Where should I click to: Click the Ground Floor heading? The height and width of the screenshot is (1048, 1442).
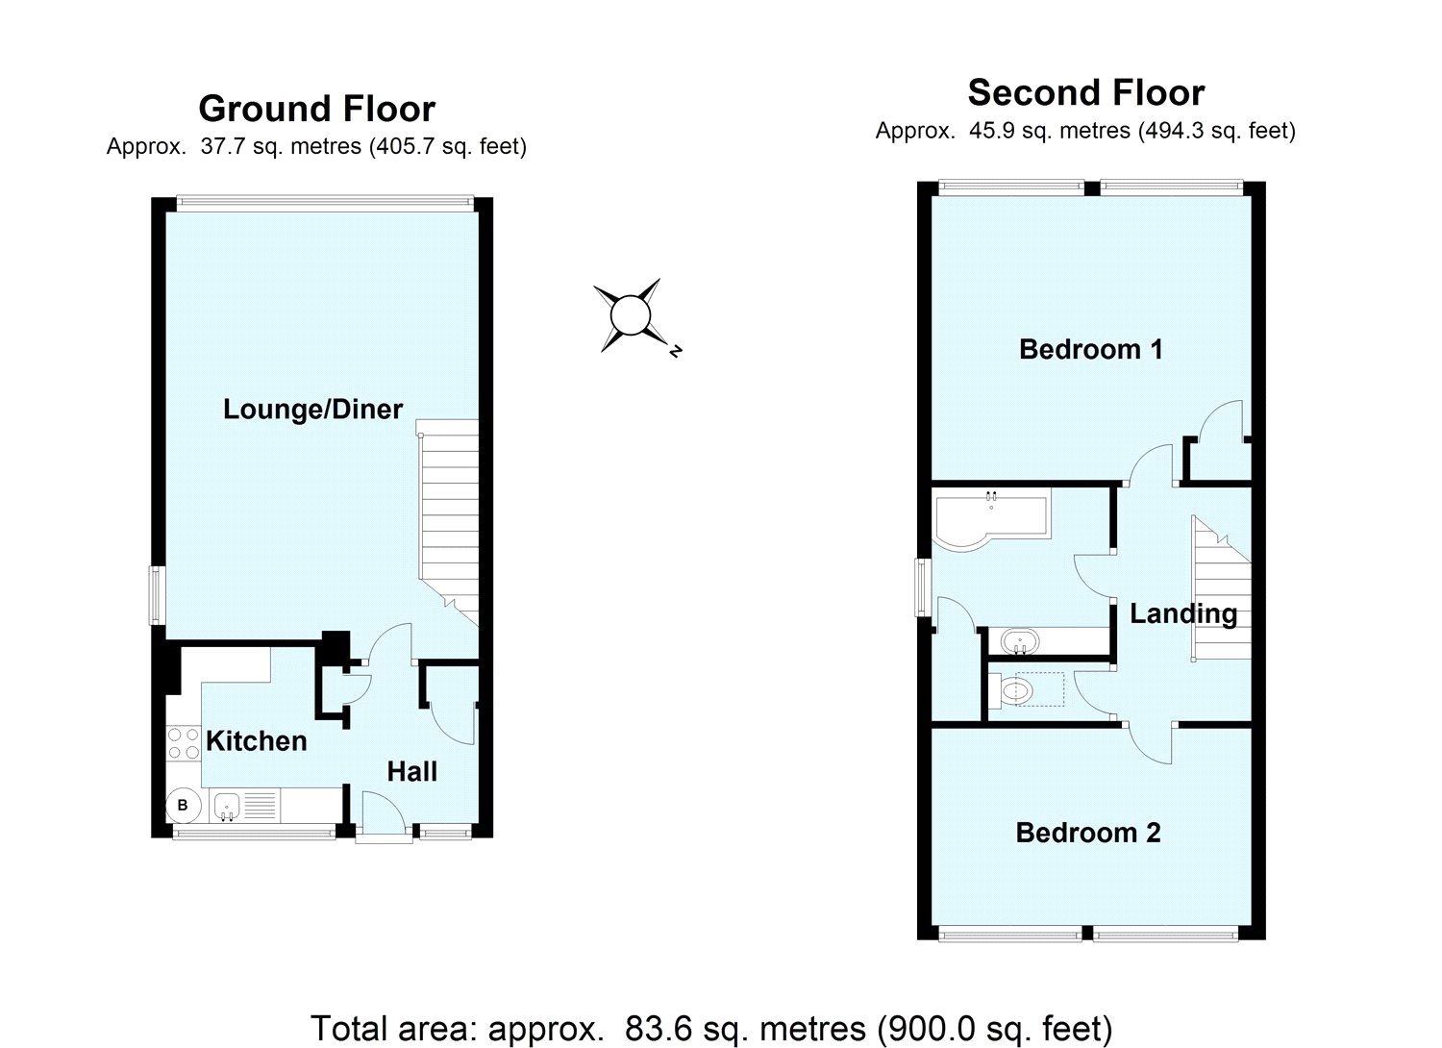(316, 109)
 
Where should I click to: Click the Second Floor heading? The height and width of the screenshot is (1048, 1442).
(1085, 92)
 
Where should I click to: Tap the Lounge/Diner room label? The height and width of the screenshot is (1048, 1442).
(312, 410)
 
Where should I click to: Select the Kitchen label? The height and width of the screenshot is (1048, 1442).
(257, 740)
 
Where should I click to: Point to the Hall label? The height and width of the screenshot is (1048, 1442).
(411, 771)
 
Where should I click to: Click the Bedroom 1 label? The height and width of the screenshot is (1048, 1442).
(1090, 349)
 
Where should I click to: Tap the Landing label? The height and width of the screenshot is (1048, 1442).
(1182, 613)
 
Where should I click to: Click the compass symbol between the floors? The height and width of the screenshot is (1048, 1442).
(630, 315)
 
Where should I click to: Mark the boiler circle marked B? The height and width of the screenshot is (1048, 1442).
(183, 806)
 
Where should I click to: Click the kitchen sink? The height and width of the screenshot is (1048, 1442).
(227, 806)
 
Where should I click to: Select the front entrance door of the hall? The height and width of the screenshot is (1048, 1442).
(385, 817)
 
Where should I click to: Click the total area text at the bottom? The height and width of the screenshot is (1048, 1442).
(710, 1028)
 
